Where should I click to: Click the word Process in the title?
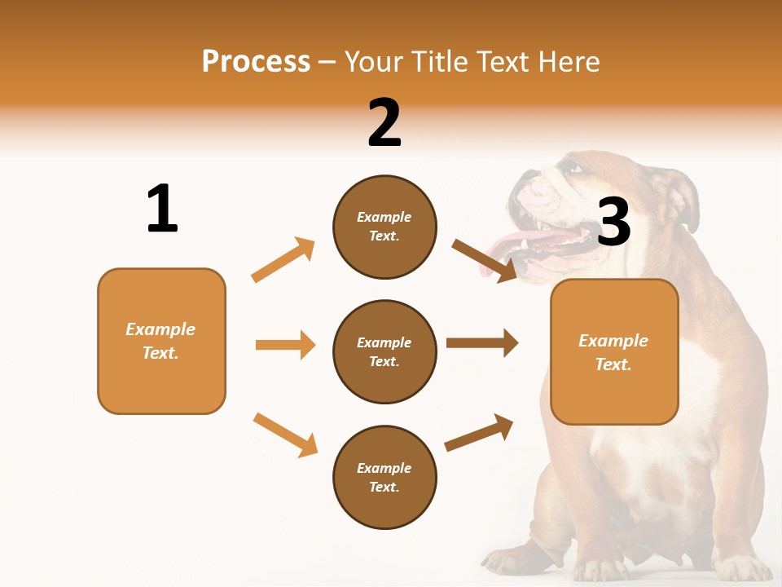256,62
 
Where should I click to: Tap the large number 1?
162,209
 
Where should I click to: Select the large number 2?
384,123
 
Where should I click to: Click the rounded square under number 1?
161,341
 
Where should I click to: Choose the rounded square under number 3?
614,351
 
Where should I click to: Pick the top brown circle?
384,227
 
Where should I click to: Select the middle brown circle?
384,351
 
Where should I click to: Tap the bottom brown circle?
384,477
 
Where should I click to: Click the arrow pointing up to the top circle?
283,259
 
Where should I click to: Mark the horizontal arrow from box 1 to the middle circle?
285,345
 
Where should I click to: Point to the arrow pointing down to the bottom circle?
285,434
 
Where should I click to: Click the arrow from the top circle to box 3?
485,261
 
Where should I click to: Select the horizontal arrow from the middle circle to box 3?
482,343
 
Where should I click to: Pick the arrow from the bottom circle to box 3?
479,432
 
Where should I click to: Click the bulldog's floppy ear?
683,200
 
